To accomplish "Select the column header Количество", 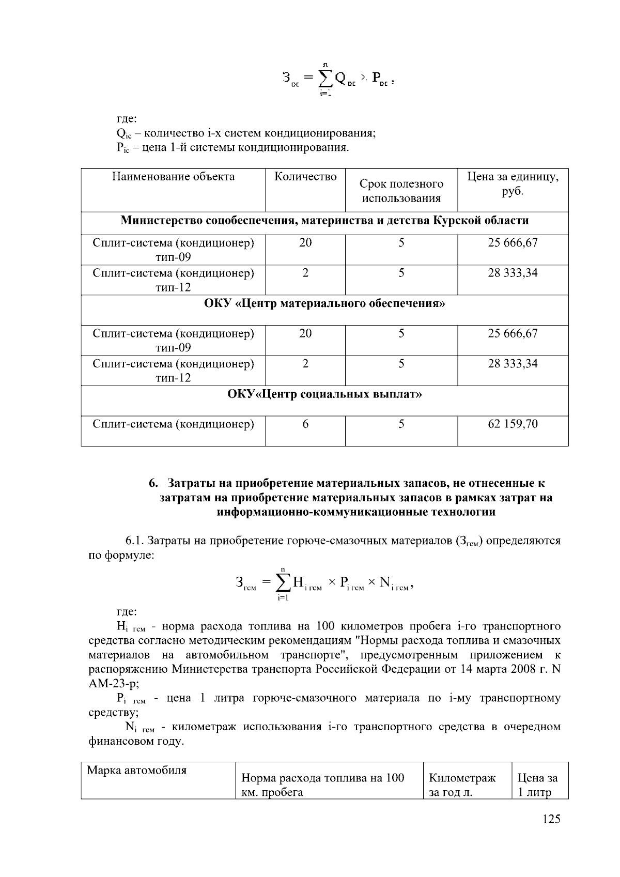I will pyautogui.click(x=305, y=177).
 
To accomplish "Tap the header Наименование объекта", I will pyautogui.click(x=173, y=177).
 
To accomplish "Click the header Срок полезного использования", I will pyautogui.click(x=401, y=191).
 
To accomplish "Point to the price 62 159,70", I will pyautogui.click(x=513, y=424).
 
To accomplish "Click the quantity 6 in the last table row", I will pyautogui.click(x=305, y=424).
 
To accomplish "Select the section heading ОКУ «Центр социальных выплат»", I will pyautogui.click(x=324, y=395).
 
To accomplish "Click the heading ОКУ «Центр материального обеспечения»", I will pyautogui.click(x=324, y=303).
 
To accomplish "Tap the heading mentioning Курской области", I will pyautogui.click(x=324, y=221).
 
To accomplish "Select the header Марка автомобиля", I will pyautogui.click(x=136, y=771).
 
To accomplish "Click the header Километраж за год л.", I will pyautogui.click(x=462, y=785).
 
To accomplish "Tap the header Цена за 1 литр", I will pyautogui.click(x=537, y=785).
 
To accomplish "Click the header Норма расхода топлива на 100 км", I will pyautogui.click(x=322, y=785).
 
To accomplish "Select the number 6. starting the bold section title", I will pyautogui.click(x=153, y=484).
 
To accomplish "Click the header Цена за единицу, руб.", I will pyautogui.click(x=513, y=184).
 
